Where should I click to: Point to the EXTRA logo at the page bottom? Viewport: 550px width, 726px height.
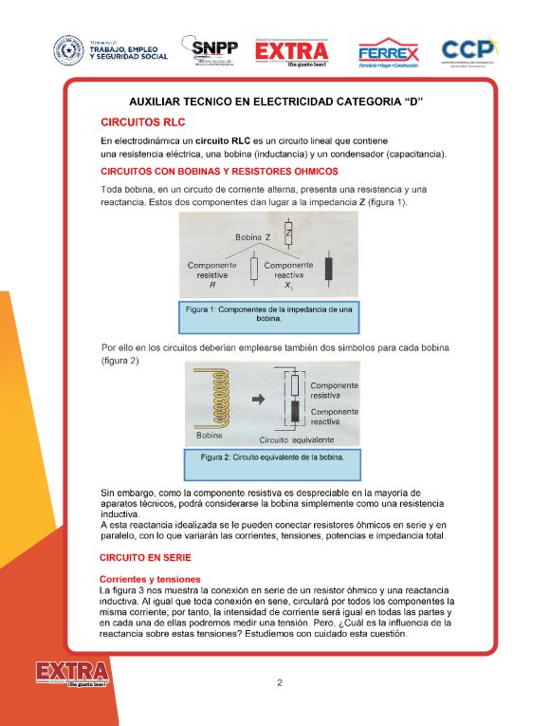click(x=72, y=676)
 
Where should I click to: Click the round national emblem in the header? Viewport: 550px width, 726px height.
click(x=68, y=50)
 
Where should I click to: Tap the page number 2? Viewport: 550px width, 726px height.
click(x=280, y=682)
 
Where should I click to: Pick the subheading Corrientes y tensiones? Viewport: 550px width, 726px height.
click(x=150, y=579)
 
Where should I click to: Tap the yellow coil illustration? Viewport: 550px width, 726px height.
click(x=213, y=400)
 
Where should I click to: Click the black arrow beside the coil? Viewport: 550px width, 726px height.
click(x=257, y=400)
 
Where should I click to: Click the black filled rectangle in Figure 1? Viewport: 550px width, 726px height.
click(x=328, y=268)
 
